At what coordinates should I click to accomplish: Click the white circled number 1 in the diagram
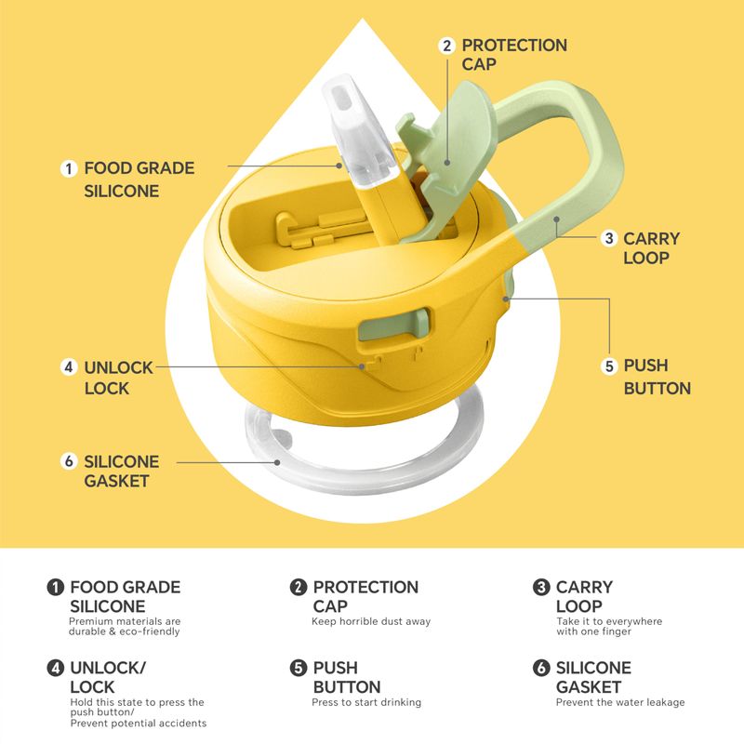pyautogui.click(x=69, y=168)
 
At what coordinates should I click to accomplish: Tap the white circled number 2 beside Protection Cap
pyautogui.click(x=446, y=46)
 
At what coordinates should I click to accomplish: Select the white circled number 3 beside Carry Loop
pyautogui.click(x=609, y=238)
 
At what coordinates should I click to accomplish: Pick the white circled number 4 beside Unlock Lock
pyautogui.click(x=69, y=366)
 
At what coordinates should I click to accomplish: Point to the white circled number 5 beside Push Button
pyautogui.click(x=609, y=365)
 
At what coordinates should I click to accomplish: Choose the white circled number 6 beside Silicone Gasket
pyautogui.click(x=69, y=460)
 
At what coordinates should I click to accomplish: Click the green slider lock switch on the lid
pyautogui.click(x=394, y=324)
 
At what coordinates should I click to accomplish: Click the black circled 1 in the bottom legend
pyautogui.click(x=55, y=587)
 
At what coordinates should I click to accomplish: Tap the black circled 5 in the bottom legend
pyautogui.click(x=298, y=668)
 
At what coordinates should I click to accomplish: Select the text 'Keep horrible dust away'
pyautogui.click(x=371, y=621)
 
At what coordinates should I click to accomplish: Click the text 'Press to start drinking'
pyautogui.click(x=366, y=702)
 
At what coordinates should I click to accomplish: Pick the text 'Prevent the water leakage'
pyautogui.click(x=620, y=702)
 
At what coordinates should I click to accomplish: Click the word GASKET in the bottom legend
pyautogui.click(x=589, y=686)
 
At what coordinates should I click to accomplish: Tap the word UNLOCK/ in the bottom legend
pyautogui.click(x=108, y=668)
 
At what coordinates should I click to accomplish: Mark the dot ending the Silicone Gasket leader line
pyautogui.click(x=277, y=462)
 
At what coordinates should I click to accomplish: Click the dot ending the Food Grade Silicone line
pyautogui.click(x=339, y=166)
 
